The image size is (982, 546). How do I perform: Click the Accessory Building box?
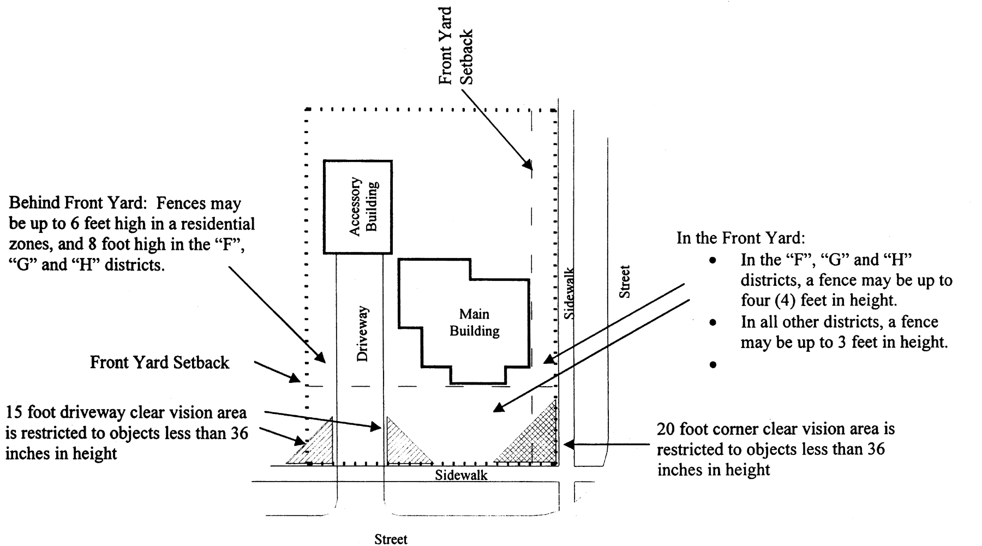[x=357, y=207]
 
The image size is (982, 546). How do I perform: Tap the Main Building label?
[x=474, y=322]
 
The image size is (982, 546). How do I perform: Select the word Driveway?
[x=363, y=334]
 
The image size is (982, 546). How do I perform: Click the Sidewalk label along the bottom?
[x=461, y=475]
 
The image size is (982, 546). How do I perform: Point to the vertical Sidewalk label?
[x=569, y=292]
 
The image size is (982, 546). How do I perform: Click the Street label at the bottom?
[x=391, y=539]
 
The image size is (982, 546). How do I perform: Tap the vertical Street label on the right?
[x=625, y=281]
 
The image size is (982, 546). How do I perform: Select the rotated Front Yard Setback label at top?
[x=456, y=46]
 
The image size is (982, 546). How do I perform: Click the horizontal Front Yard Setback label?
[x=159, y=363]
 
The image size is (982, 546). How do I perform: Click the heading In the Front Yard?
[x=740, y=238]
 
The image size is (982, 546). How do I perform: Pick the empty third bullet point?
[x=712, y=364]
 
